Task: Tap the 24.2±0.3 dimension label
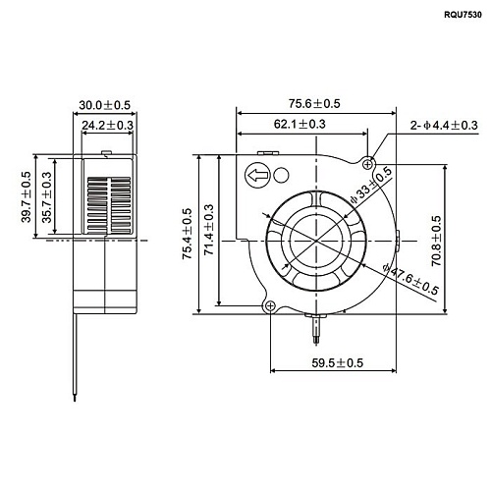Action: point(108,126)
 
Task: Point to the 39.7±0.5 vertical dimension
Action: point(27,195)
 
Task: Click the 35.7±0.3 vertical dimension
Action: point(45,204)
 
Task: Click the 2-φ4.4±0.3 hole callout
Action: point(445,125)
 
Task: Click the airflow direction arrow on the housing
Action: point(257,177)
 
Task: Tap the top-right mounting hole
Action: point(369,162)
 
